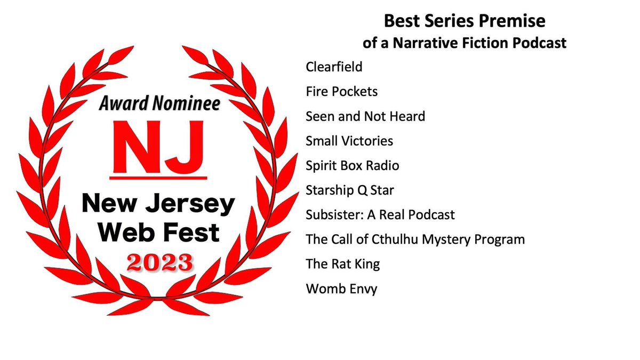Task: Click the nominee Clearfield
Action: [334, 67]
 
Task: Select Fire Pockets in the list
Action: [341, 92]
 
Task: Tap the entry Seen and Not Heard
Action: [365, 116]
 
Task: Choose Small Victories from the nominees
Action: [349, 141]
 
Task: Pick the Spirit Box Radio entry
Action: [352, 166]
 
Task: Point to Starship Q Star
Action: [350, 190]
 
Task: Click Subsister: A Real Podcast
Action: [380, 215]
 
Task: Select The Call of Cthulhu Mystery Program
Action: [415, 239]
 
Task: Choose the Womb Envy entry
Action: [341, 289]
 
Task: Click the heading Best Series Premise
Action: [465, 22]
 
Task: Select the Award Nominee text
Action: [159, 104]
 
